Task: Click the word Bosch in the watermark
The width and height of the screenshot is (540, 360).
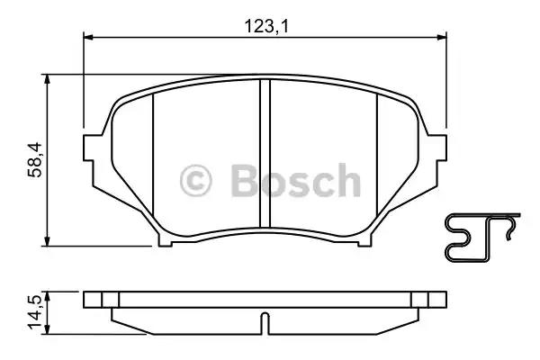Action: pyautogui.click(x=294, y=181)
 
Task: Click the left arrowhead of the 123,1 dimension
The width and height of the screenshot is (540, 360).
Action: pyautogui.click(x=88, y=38)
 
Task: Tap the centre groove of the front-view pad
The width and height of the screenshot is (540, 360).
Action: pyautogui.click(x=265, y=153)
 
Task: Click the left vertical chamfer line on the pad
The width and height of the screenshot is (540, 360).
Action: pyautogui.click(x=154, y=157)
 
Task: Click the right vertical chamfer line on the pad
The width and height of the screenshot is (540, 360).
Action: pyautogui.click(x=376, y=157)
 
